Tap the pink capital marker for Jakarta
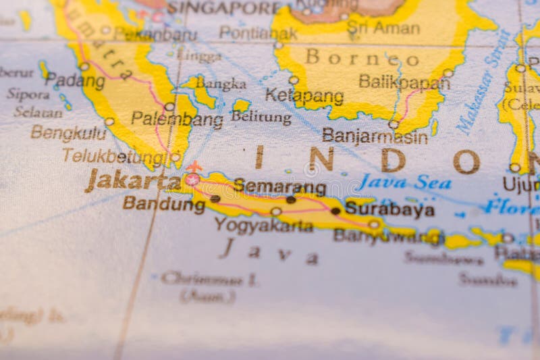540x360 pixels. pos(192,180)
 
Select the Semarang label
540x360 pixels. pos(280,186)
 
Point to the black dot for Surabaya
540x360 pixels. pos(335,211)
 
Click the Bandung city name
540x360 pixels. pos(163,203)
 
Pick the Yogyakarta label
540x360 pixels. pos(264,225)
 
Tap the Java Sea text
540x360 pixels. pos(404,182)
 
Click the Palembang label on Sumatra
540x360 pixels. pos(177,120)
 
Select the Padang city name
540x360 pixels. pos(75,80)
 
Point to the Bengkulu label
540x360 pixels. pos(68,132)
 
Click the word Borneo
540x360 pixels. pos(362,57)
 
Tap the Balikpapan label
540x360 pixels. pos(404,82)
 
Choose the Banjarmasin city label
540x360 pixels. pos(375,136)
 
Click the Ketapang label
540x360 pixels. pos(304,96)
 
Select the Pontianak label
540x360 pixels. pos(258,32)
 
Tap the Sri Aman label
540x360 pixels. pos(383,28)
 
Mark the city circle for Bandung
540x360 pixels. pos(215,199)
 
